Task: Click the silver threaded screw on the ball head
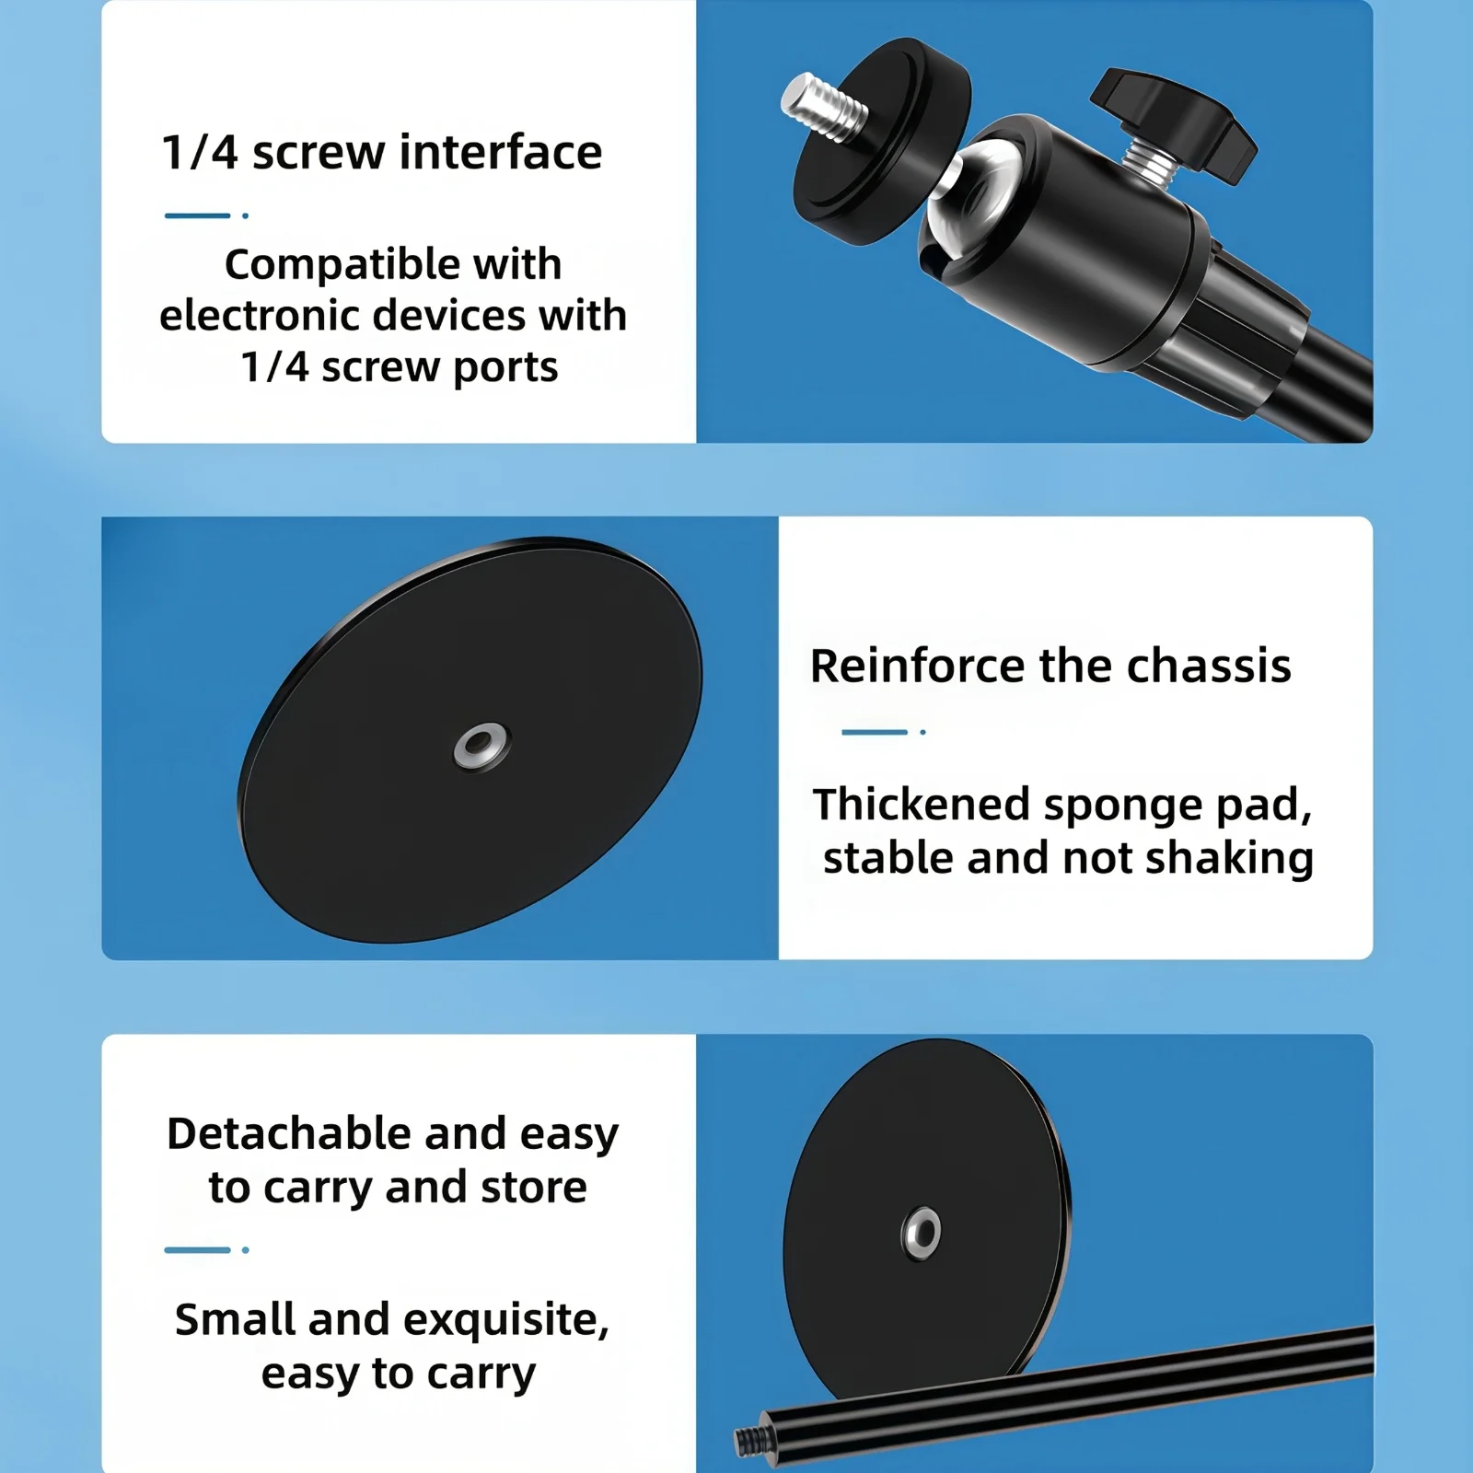click(x=823, y=107)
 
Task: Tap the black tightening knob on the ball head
click(x=1173, y=118)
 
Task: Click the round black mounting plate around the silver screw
click(x=882, y=140)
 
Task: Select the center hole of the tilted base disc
click(x=481, y=745)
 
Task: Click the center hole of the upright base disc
click(x=922, y=1232)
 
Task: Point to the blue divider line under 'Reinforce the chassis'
click(x=875, y=732)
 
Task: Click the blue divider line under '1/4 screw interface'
click(x=197, y=215)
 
